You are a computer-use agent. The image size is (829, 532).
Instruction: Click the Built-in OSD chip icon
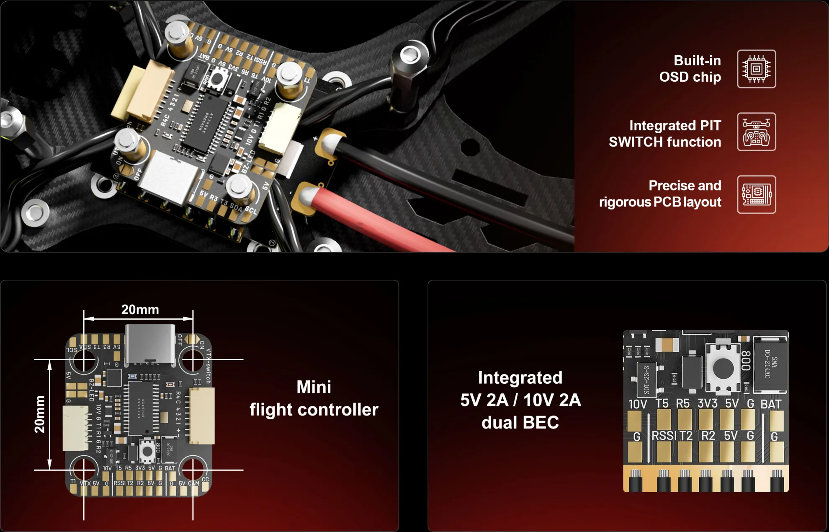[756, 69]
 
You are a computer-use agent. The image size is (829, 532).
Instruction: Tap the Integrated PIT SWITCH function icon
[756, 132]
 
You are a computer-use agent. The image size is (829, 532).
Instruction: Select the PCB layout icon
[756, 194]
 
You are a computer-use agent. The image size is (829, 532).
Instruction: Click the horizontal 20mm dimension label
[140, 310]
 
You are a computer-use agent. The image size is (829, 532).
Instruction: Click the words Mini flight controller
[314, 398]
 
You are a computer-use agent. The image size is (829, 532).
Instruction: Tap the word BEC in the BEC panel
[541, 422]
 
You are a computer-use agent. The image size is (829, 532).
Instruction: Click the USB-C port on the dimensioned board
[150, 344]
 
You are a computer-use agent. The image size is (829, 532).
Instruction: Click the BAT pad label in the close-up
[771, 404]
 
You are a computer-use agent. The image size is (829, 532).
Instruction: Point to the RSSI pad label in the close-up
[664, 436]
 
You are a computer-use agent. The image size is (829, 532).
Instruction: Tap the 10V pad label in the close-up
[638, 404]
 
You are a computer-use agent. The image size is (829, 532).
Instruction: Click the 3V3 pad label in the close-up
[707, 403]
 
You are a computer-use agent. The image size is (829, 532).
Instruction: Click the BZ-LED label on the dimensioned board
[91, 390]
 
